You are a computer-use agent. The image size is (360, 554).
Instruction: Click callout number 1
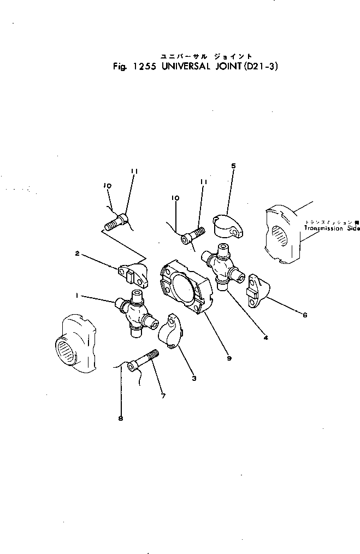[78, 296]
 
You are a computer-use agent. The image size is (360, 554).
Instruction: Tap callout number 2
[78, 254]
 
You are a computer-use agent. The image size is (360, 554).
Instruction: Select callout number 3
[194, 378]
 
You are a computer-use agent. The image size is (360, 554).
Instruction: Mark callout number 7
[163, 396]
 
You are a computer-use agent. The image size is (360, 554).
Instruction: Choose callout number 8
[121, 419]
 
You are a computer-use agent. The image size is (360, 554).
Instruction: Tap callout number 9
[229, 358]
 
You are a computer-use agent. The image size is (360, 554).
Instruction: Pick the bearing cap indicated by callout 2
[134, 274]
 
